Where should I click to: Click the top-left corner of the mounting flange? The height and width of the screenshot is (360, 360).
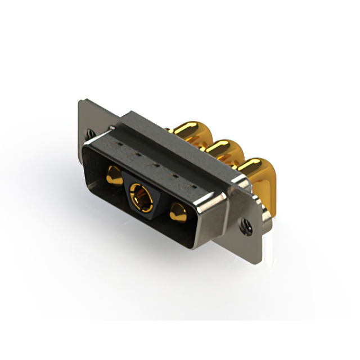click(x=79, y=101)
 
